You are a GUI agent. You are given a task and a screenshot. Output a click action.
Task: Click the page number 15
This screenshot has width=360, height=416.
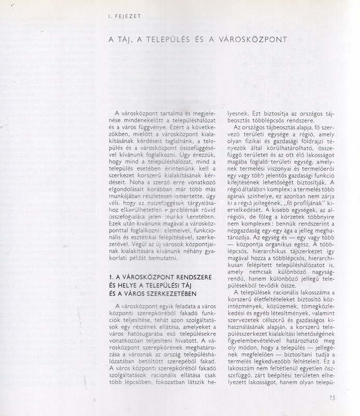[332, 398]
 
